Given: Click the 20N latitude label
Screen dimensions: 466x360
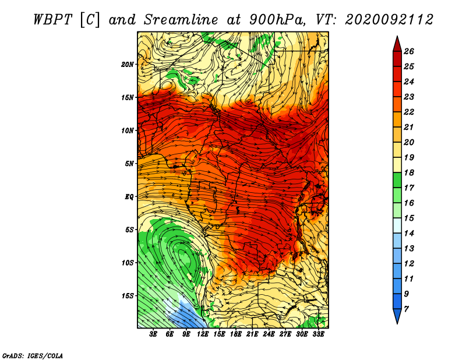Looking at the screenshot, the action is [x=127, y=65].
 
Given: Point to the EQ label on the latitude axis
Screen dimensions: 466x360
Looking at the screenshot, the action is [x=129, y=197].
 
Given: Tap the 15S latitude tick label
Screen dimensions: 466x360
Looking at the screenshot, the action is [x=127, y=296].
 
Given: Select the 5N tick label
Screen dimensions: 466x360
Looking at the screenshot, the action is [x=129, y=164].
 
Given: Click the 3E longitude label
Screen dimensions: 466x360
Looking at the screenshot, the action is [x=153, y=334].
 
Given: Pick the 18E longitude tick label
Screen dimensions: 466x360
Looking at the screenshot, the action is [x=236, y=334].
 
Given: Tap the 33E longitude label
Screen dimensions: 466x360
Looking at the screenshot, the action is [x=318, y=334].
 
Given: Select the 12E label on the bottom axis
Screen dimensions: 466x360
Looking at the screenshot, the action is [x=203, y=334].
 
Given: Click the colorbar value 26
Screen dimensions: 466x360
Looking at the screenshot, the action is [x=409, y=51].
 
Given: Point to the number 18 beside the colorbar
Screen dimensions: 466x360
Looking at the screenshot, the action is [x=409, y=172].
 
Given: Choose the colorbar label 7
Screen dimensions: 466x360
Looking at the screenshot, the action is [x=406, y=309].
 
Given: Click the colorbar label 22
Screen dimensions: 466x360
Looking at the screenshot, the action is [x=409, y=112].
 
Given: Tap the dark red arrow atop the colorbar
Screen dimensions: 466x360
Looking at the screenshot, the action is [x=397, y=44].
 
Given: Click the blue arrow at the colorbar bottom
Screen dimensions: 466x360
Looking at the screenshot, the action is [x=397, y=316].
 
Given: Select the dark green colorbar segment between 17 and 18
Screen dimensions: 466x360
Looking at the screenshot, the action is [x=397, y=180].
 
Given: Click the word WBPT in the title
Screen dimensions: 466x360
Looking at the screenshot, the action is [x=53, y=20].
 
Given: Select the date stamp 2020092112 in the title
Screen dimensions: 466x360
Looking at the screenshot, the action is [x=389, y=20].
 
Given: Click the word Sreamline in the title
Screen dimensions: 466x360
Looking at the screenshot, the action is [x=181, y=20].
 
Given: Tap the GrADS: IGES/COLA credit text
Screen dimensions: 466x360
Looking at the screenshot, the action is [x=33, y=355].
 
